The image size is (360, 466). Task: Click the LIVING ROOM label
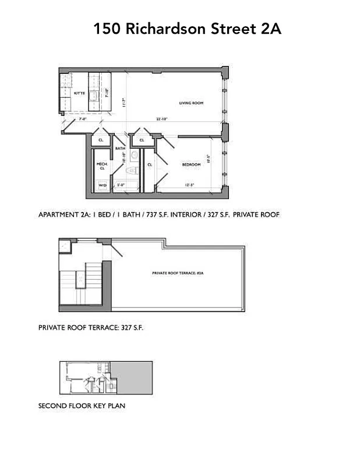pyautogui.click(x=191, y=103)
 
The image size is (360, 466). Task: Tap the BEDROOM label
pyautogui.click(x=191, y=165)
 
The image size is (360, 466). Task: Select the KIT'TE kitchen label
pyautogui.click(x=79, y=93)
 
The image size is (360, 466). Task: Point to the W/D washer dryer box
pyautogui.click(x=103, y=186)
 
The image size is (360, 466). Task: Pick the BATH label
pyautogui.click(x=121, y=149)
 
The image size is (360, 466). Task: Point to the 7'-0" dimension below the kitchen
pyautogui.click(x=83, y=119)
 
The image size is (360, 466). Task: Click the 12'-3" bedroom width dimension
pyautogui.click(x=189, y=185)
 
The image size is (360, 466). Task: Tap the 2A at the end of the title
pyautogui.click(x=271, y=29)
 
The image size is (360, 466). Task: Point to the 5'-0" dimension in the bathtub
pyautogui.click(x=121, y=185)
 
